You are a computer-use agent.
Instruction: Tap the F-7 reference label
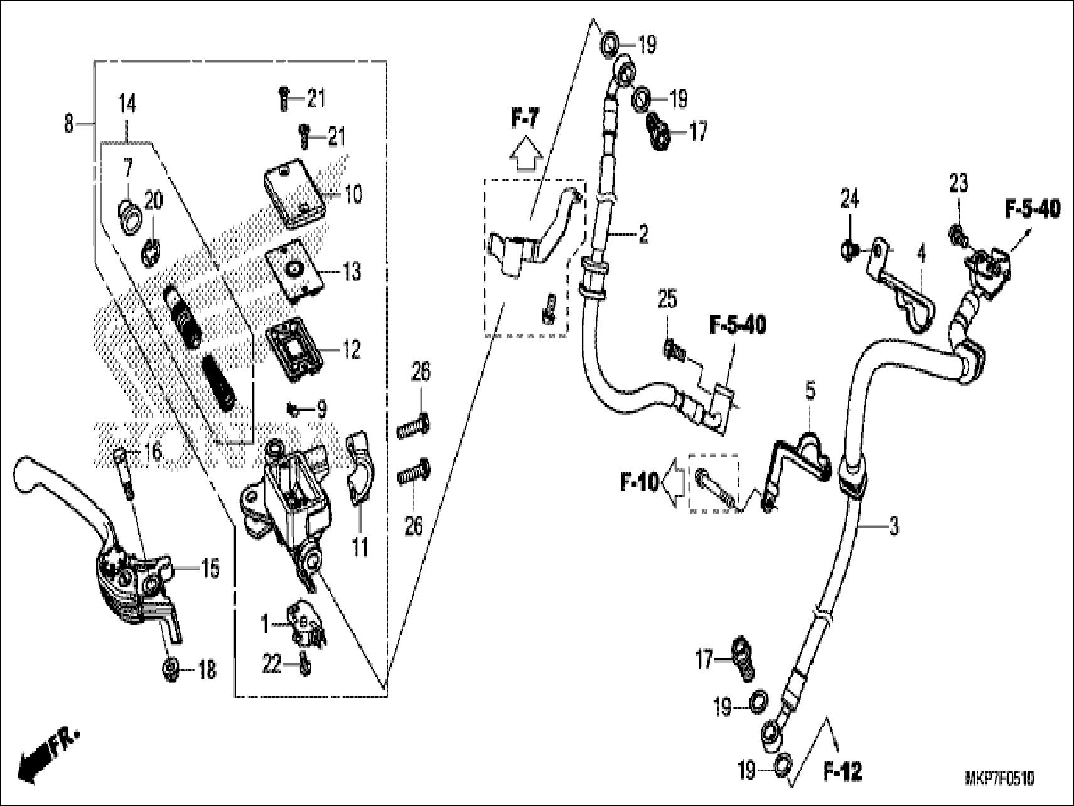pyautogui.click(x=525, y=117)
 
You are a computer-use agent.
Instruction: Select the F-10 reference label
pyautogui.click(x=639, y=482)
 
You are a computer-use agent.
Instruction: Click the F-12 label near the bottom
pyautogui.click(x=842, y=772)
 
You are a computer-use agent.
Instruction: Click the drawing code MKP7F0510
pyautogui.click(x=999, y=780)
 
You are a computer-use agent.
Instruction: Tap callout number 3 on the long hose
pyautogui.click(x=893, y=525)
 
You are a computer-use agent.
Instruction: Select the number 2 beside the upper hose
pyautogui.click(x=643, y=235)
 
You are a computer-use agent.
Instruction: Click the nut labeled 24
pyautogui.click(x=849, y=251)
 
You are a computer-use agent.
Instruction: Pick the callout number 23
pyautogui.click(x=958, y=183)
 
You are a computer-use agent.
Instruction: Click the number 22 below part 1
pyautogui.click(x=271, y=665)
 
